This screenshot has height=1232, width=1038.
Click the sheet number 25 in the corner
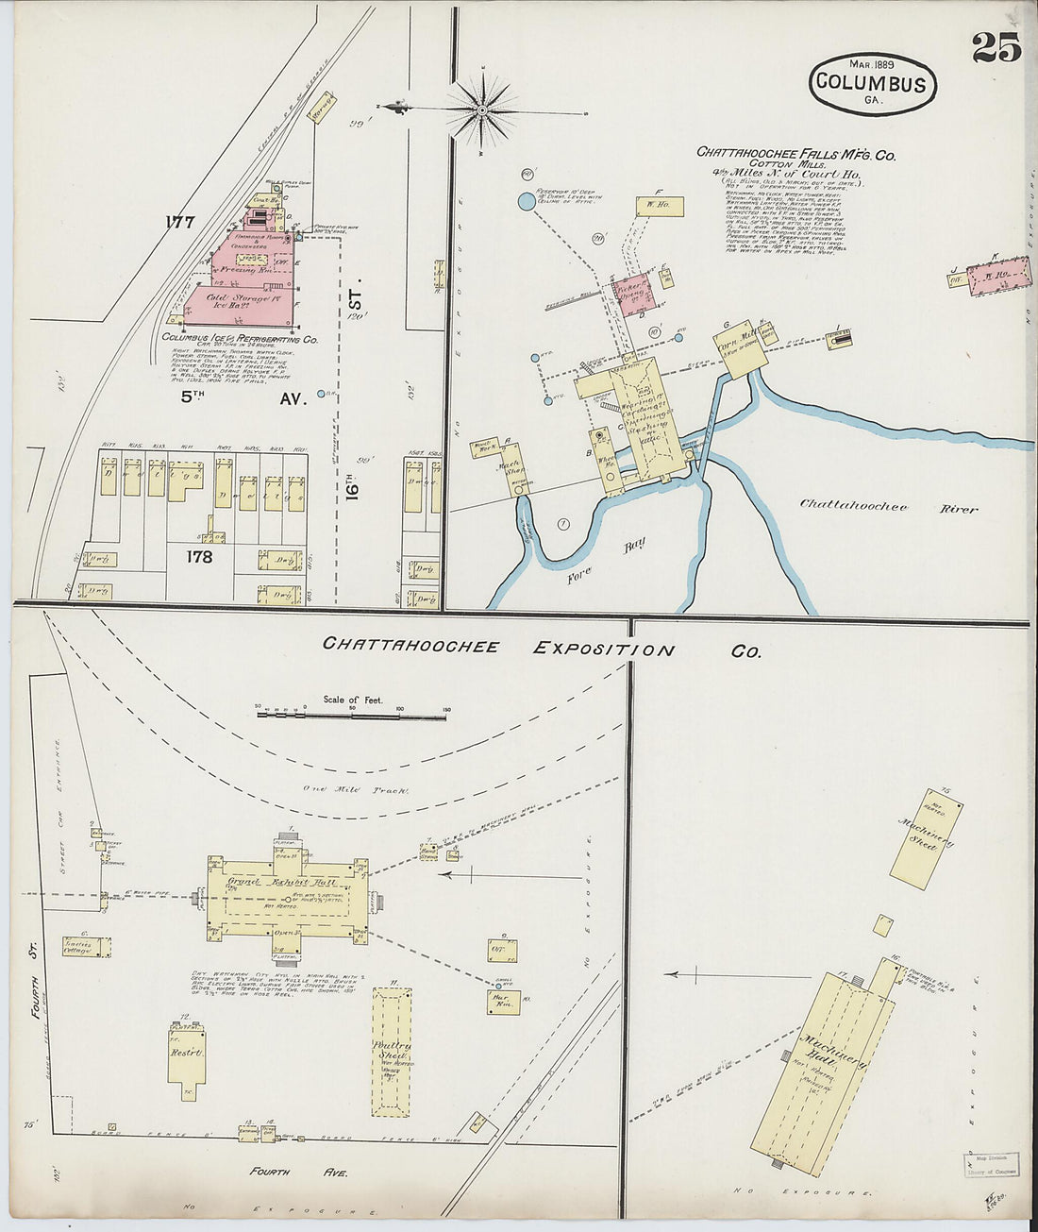(996, 47)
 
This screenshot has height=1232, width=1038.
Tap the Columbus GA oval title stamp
(872, 84)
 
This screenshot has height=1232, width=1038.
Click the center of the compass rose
(482, 110)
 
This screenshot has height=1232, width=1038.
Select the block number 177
(178, 223)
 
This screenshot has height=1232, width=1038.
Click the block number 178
(199, 557)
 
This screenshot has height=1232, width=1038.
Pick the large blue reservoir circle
(526, 201)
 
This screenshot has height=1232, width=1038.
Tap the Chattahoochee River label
(888, 506)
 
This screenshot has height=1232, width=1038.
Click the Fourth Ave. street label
(300, 1172)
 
